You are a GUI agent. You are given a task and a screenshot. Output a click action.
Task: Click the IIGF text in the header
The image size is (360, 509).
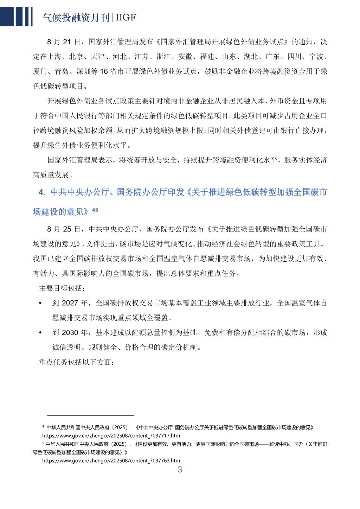(x=125, y=18)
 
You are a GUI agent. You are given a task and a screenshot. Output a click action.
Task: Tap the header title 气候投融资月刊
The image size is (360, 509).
(x=75, y=18)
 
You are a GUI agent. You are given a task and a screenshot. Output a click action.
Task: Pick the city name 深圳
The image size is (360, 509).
(x=83, y=71)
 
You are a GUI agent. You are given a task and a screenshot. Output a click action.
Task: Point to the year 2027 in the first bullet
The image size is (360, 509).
(x=70, y=303)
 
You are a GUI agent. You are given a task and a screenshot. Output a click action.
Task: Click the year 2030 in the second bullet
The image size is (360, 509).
(x=70, y=332)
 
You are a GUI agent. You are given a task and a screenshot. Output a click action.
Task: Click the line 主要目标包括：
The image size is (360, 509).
(x=62, y=288)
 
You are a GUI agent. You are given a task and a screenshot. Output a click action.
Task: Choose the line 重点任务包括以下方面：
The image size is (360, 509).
(x=76, y=362)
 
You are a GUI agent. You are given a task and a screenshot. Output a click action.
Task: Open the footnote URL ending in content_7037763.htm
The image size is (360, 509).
(x=111, y=460)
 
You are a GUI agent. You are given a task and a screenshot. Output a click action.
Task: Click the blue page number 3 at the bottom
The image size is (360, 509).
(x=180, y=470)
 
